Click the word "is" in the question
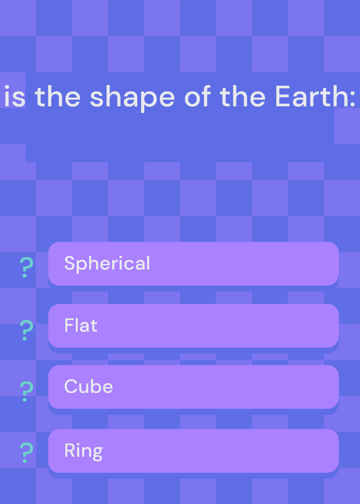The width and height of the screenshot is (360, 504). click(x=15, y=97)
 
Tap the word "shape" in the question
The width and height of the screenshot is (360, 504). click(x=132, y=99)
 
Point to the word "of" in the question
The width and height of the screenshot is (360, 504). click(x=197, y=96)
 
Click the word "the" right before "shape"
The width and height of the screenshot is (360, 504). click(x=57, y=96)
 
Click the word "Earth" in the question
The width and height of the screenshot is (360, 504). click(x=310, y=96)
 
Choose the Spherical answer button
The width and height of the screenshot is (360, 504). click(x=194, y=263)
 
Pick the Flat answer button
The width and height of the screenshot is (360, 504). click(x=194, y=326)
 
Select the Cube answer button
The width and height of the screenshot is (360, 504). click(x=194, y=387)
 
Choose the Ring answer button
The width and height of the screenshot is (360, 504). click(x=194, y=450)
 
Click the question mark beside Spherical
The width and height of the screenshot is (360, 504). click(x=26, y=267)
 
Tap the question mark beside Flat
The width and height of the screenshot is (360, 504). click(x=26, y=330)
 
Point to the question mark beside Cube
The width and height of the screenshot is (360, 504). click(x=26, y=391)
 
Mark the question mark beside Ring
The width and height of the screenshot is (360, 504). click(x=26, y=452)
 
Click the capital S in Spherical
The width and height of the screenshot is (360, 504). click(x=69, y=263)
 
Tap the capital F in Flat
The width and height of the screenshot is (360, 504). click(x=69, y=325)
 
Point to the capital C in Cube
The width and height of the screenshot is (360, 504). click(x=71, y=386)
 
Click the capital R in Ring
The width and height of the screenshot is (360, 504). click(x=70, y=450)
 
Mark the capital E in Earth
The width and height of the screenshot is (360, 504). click(x=282, y=96)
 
